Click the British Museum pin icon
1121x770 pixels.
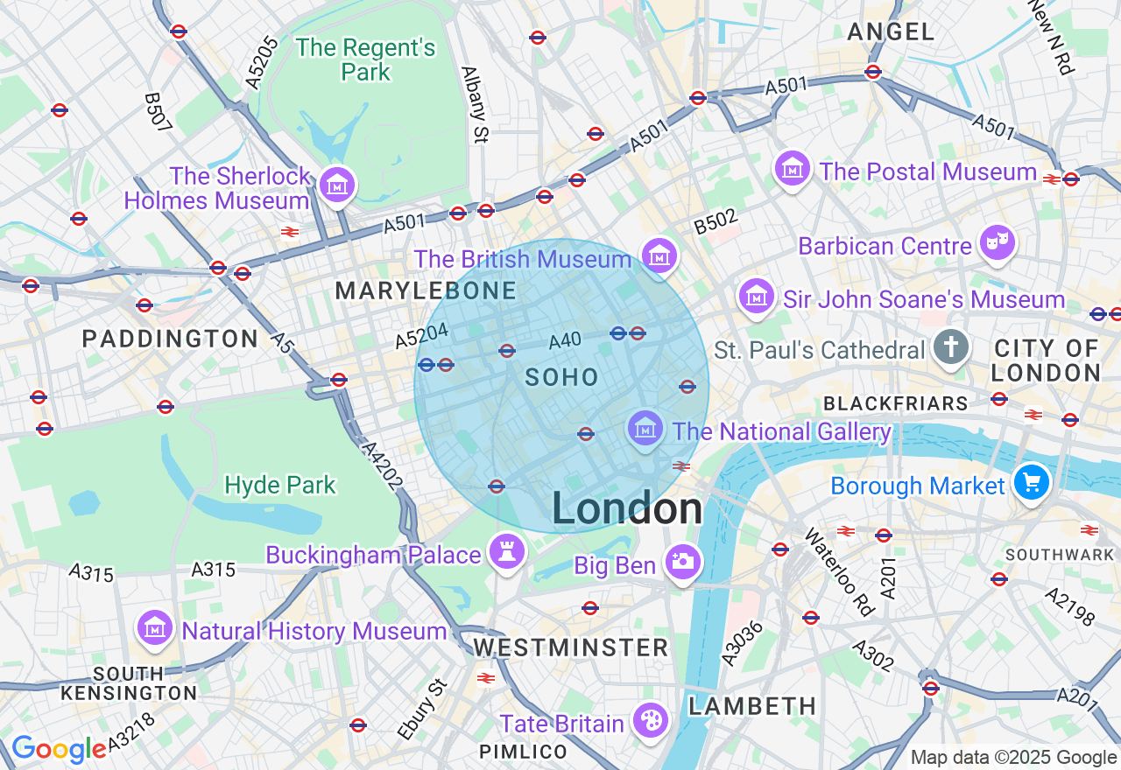tap(659, 255)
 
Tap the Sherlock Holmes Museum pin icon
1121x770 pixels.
tap(337, 185)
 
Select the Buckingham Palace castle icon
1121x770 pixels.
tap(507, 551)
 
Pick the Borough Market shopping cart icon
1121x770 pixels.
tap(1032, 481)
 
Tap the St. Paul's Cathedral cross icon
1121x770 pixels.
tap(951, 347)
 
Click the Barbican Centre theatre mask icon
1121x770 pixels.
tap(998, 242)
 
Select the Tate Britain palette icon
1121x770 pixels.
tap(651, 720)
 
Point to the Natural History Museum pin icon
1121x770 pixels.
tap(155, 627)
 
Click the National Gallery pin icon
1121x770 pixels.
tap(645, 428)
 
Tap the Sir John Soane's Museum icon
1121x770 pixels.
tap(757, 296)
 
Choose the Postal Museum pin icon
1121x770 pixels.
tap(793, 167)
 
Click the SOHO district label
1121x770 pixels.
tap(562, 378)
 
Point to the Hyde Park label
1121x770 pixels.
tap(280, 485)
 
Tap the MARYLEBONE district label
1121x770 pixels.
tap(427, 291)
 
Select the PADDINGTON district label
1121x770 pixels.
tap(170, 339)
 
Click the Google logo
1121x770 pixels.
tap(59, 749)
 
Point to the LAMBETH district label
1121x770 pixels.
tap(752, 706)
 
